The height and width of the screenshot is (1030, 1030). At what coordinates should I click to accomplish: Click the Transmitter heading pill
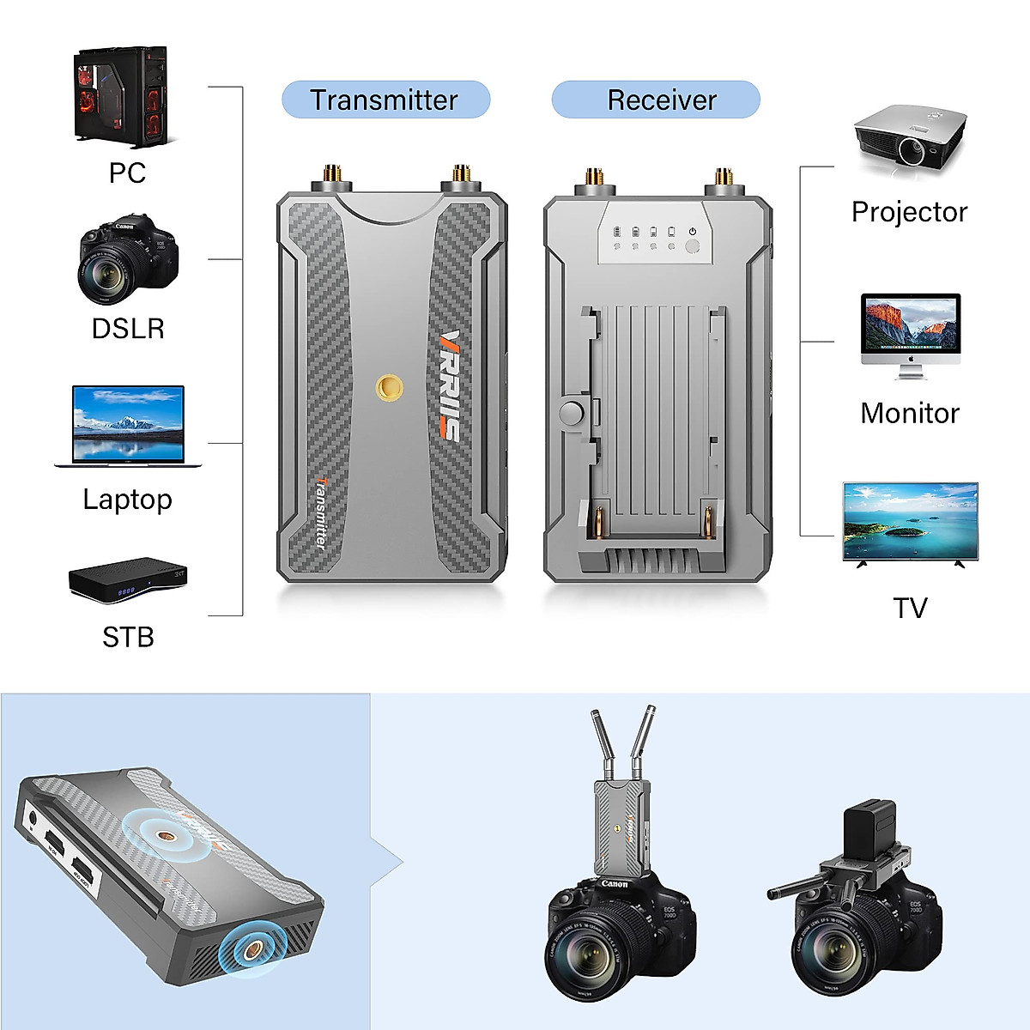tap(385, 100)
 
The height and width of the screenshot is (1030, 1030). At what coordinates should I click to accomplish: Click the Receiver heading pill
tap(657, 100)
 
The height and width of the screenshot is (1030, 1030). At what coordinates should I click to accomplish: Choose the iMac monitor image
tap(910, 336)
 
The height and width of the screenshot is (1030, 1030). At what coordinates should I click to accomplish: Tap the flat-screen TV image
tap(910, 523)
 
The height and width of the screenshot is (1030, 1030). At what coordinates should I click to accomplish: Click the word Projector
tap(909, 212)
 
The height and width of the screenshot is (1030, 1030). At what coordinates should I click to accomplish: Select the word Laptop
tap(127, 500)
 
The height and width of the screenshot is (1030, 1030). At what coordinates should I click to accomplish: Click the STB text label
tap(128, 637)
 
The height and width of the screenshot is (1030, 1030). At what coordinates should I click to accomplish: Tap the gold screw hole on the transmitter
tap(387, 387)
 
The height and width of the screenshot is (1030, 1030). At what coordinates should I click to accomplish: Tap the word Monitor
tap(909, 413)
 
